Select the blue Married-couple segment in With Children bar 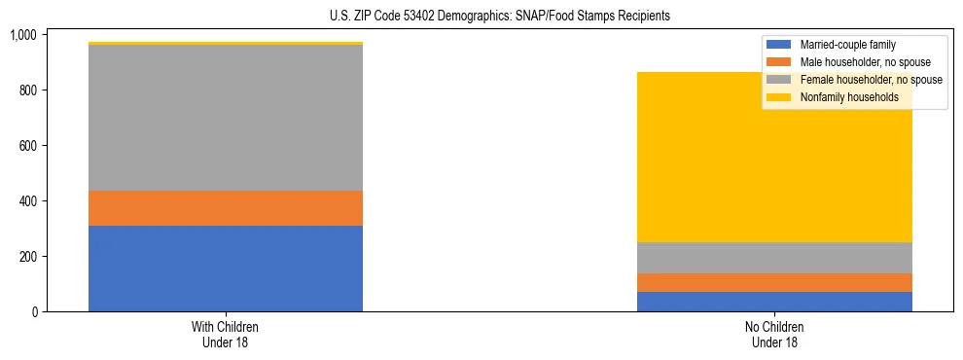(226, 269)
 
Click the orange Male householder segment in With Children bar (226, 208)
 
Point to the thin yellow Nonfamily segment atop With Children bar (226, 44)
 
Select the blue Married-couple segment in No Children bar (774, 302)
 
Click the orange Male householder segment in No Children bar (774, 282)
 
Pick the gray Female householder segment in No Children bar (774, 258)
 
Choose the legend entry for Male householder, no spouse (855, 62)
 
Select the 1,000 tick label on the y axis (22, 35)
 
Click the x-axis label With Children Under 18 (226, 335)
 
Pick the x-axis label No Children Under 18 (774, 335)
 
